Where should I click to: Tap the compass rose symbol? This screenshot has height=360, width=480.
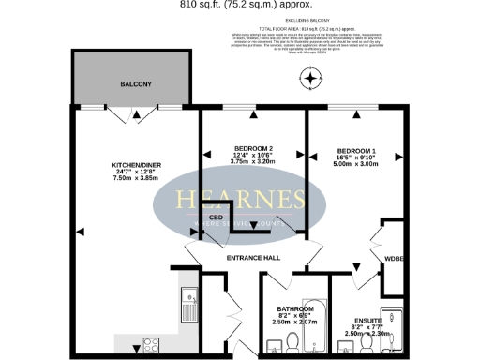(308, 79)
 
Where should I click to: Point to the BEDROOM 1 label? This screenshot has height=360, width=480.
(357, 151)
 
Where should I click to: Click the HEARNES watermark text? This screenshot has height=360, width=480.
(242, 199)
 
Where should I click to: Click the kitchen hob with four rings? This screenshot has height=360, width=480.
(148, 342)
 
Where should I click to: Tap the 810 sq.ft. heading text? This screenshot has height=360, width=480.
(240, 5)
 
